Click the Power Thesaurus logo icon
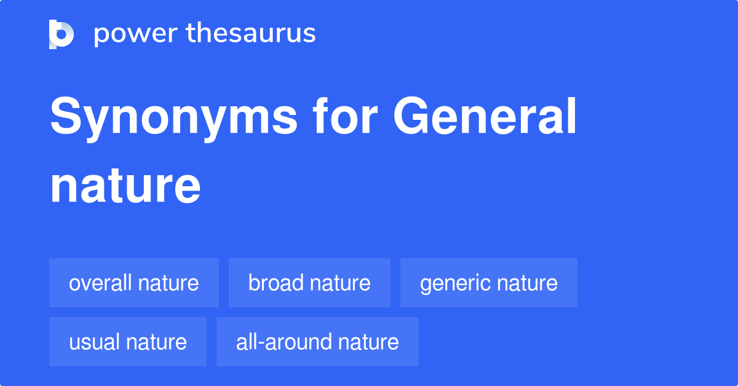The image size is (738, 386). [x=61, y=34]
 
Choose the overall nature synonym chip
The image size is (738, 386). [x=134, y=283]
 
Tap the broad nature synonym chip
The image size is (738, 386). [x=309, y=283]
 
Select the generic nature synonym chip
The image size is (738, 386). [x=489, y=283]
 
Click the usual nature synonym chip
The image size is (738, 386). [x=128, y=342]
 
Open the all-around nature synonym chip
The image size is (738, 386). [x=317, y=342]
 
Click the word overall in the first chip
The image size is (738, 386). [x=100, y=283]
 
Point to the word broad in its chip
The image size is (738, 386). [x=276, y=283]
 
